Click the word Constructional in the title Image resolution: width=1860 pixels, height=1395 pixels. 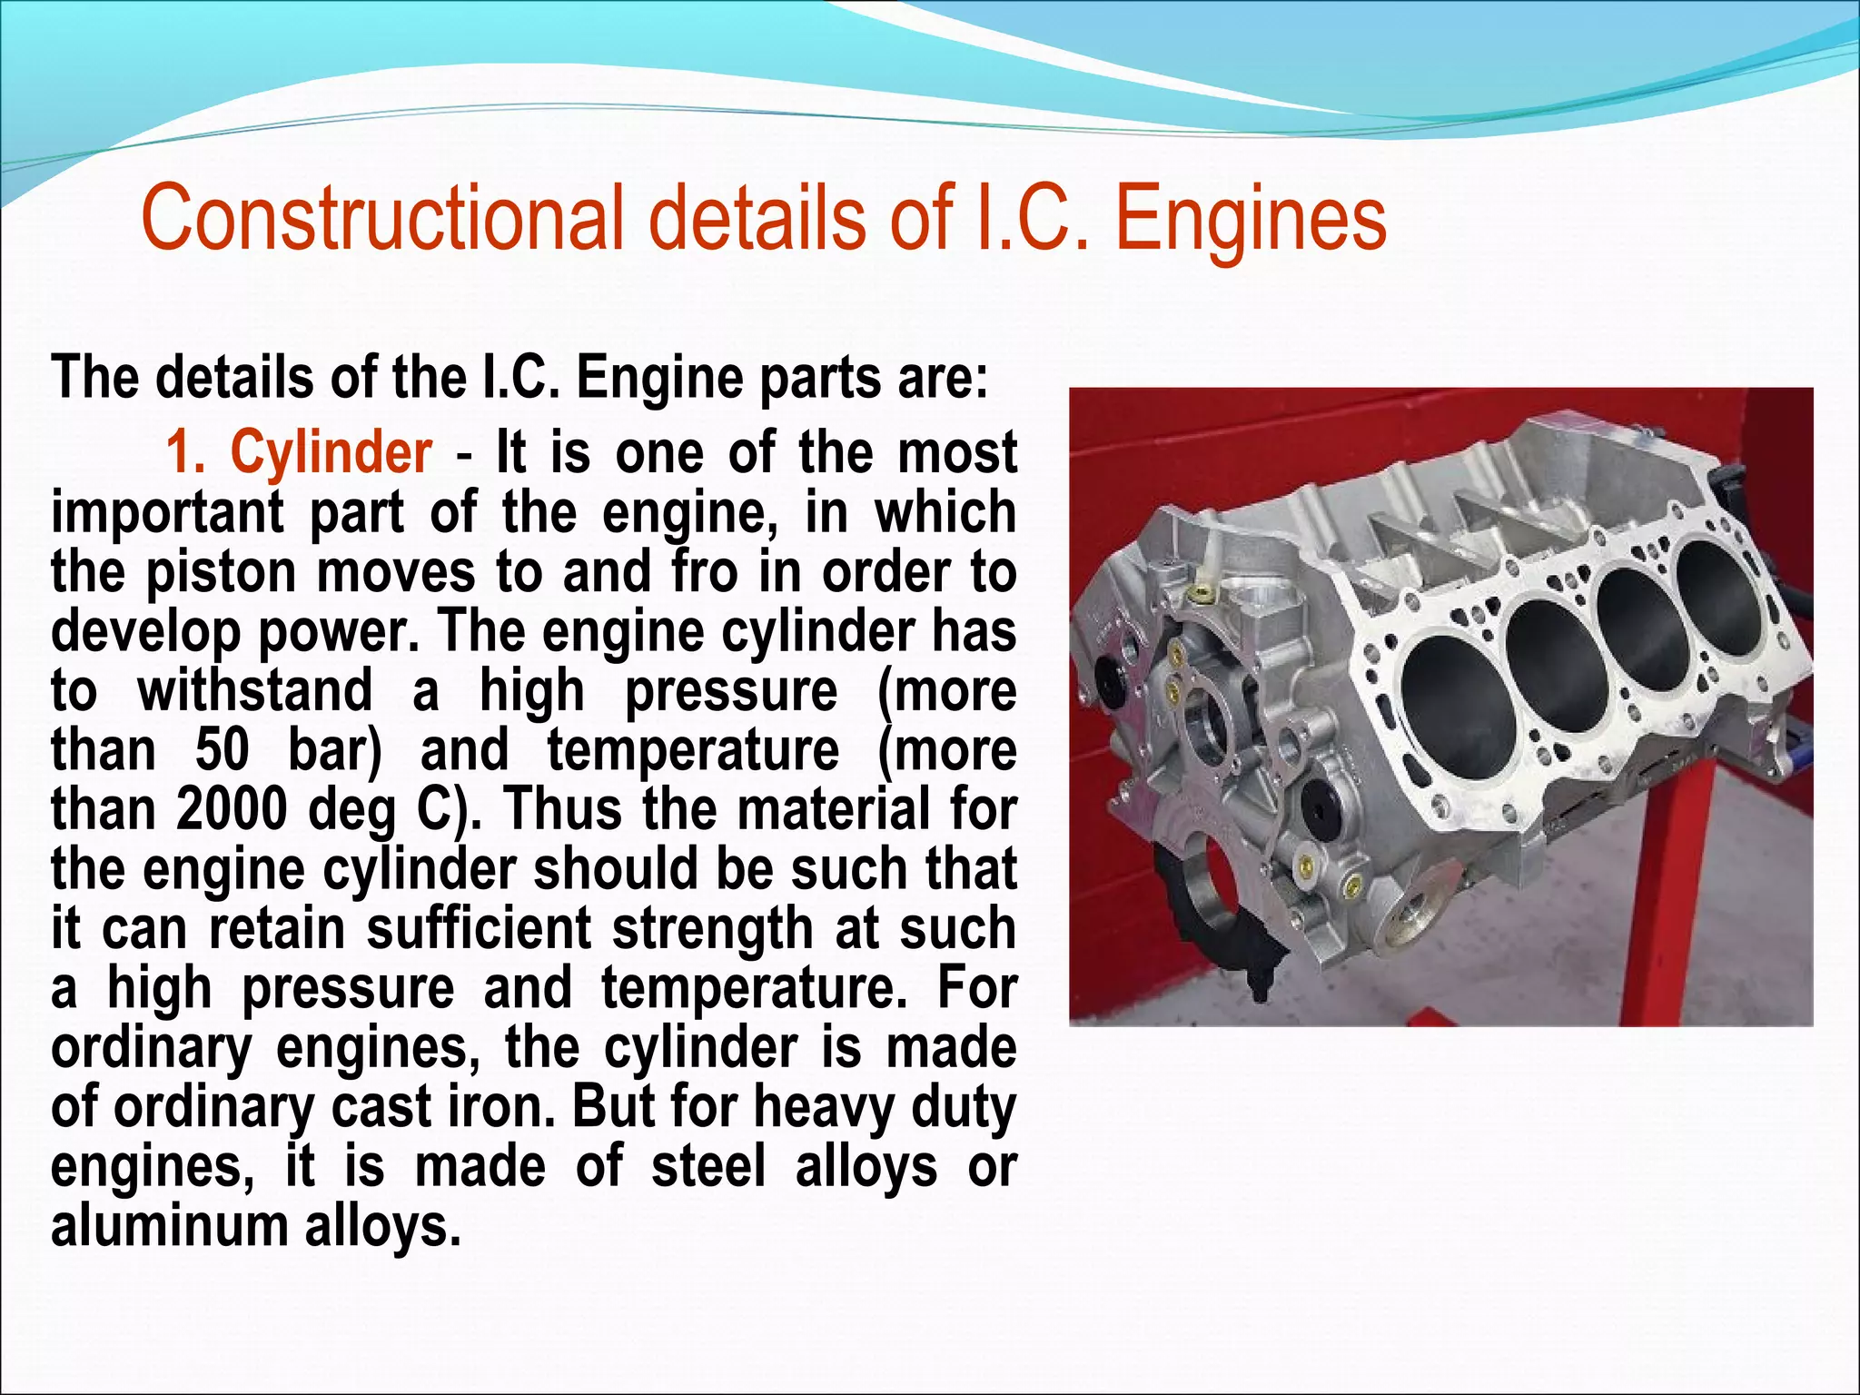pos(381,218)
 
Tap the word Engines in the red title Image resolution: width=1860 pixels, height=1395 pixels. pos(1251,218)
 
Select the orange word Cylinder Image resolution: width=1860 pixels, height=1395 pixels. pos(331,451)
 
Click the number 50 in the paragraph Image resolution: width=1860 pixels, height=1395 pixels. pos(222,750)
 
